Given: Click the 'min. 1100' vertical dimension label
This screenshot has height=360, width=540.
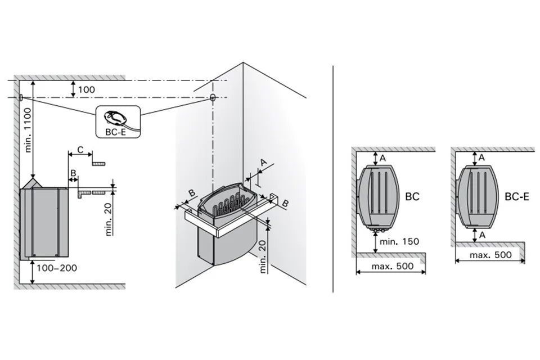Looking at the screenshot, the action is (x=28, y=130).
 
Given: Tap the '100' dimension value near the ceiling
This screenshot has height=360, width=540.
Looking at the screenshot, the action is (x=87, y=89).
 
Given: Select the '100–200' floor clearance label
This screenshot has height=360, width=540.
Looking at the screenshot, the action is (x=57, y=268).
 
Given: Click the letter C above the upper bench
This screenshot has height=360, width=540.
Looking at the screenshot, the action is (x=80, y=150).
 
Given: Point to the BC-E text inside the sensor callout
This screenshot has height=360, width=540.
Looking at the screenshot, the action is (x=116, y=132).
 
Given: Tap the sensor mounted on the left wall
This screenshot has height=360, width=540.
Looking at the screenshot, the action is (x=21, y=97).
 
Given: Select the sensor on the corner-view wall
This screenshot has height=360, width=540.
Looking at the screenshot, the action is (x=212, y=97).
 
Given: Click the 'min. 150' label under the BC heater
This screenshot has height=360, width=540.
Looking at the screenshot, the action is (x=399, y=241).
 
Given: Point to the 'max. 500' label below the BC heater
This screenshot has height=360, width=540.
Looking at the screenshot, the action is (x=393, y=266).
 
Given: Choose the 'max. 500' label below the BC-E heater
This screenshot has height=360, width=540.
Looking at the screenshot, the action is (x=490, y=255).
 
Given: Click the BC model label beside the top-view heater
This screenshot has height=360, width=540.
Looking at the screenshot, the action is (x=412, y=197).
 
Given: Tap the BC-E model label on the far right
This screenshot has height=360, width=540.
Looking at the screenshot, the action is (x=516, y=197).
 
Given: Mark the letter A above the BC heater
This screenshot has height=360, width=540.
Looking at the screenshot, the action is (x=382, y=158).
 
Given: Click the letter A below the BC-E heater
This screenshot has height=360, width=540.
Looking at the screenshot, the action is (x=482, y=235).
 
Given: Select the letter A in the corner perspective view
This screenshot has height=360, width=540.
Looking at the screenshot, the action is (x=263, y=162).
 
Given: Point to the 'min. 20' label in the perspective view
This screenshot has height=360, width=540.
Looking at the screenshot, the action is (x=263, y=256).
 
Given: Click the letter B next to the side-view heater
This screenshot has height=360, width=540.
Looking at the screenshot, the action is (x=73, y=173).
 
